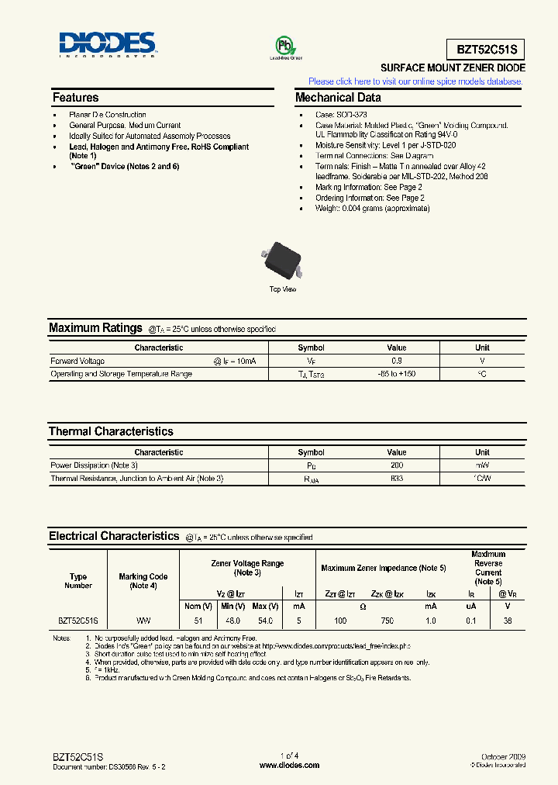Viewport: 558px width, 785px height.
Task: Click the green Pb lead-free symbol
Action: click(x=285, y=46)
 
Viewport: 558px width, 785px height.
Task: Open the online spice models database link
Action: click(x=416, y=81)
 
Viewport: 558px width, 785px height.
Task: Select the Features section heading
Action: click(x=76, y=98)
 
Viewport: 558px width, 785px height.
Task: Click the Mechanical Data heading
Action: click(x=338, y=98)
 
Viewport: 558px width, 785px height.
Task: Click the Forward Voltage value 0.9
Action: click(x=397, y=361)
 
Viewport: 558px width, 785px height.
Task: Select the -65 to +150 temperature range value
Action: click(x=397, y=375)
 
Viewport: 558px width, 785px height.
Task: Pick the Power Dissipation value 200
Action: click(x=397, y=465)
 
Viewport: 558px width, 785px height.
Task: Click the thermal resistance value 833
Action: click(x=397, y=479)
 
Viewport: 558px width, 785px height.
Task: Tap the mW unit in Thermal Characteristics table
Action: click(x=482, y=465)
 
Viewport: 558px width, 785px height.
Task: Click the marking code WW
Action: click(x=143, y=621)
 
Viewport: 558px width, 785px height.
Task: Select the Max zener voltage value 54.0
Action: click(x=264, y=621)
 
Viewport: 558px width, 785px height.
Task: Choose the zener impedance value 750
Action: click(x=387, y=621)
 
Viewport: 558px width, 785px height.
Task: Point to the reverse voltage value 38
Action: click(x=508, y=621)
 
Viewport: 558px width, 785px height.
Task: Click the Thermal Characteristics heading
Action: click(x=111, y=431)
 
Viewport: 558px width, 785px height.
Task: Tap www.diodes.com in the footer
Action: click(x=289, y=766)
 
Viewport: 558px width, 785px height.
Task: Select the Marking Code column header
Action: click(x=143, y=581)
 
